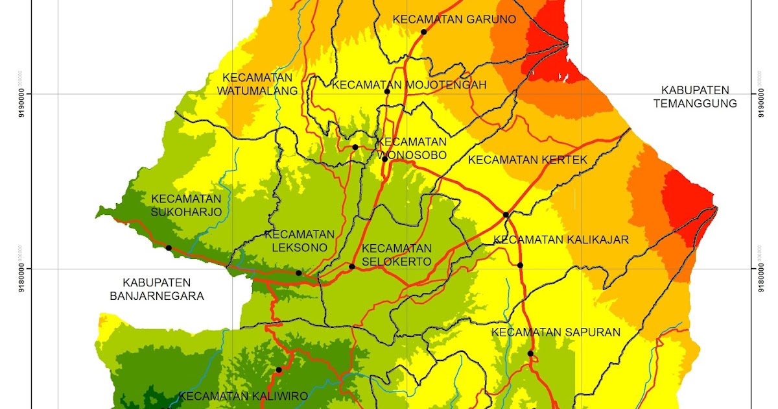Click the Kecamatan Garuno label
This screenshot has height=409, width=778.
(454, 19)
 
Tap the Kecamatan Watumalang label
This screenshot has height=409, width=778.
(257, 84)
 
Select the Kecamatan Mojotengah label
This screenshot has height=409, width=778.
(408, 85)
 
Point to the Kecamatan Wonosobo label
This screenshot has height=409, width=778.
(412, 149)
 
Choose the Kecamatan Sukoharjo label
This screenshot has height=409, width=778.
(186, 205)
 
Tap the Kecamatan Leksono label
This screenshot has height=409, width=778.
(300, 241)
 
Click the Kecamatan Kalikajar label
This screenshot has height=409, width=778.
(561, 240)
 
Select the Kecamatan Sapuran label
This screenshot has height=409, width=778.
(556, 332)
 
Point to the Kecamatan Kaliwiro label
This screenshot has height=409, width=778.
(243, 396)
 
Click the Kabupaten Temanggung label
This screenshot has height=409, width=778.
(695, 97)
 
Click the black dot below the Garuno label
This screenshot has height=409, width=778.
(423, 32)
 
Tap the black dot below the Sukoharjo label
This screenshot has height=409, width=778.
(169, 247)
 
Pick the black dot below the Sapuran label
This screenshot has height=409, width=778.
(530, 353)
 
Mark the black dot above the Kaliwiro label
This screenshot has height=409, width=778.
(279, 370)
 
